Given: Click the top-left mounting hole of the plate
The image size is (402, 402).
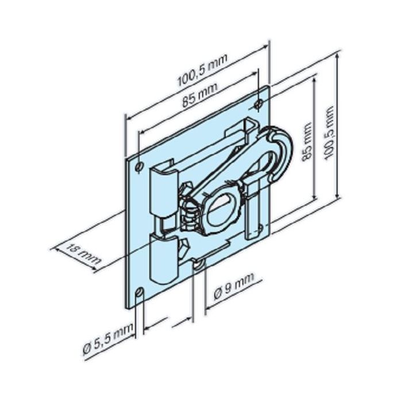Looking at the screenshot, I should pyautogui.click(x=139, y=166).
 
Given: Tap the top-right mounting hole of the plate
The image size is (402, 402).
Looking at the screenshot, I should pyautogui.click(x=258, y=104).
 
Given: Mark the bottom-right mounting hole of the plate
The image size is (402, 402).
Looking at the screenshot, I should pyautogui.click(x=260, y=229).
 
